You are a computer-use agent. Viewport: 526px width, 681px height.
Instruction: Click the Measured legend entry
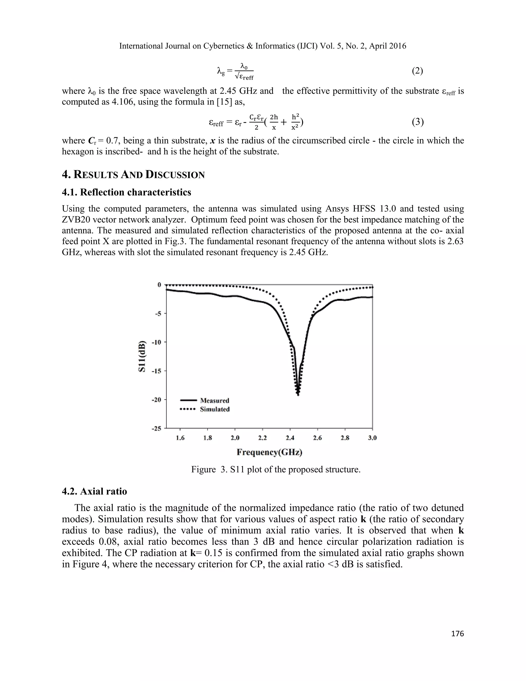(214, 400)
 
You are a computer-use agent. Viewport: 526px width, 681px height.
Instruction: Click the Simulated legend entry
(214, 409)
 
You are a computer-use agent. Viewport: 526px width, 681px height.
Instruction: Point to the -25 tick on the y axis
(156, 428)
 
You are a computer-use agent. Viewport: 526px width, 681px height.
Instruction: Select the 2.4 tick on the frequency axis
(290, 438)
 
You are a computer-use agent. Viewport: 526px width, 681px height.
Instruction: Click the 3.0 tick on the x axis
(372, 438)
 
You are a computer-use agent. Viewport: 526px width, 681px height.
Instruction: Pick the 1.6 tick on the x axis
(180, 438)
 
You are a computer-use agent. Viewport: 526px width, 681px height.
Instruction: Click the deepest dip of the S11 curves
(298, 394)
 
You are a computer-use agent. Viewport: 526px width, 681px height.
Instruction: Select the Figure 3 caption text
(276, 469)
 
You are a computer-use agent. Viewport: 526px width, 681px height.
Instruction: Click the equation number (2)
(417, 71)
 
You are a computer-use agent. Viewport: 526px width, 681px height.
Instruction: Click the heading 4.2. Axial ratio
(95, 491)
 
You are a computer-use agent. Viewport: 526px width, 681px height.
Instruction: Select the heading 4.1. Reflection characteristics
(127, 192)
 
